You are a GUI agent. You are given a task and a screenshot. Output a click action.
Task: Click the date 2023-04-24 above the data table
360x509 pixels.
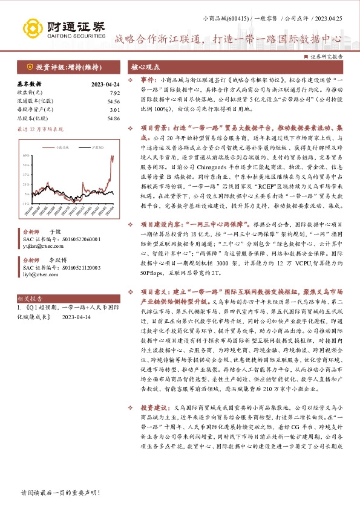[104, 84]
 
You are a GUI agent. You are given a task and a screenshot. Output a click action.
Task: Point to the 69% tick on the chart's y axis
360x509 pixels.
[27, 156]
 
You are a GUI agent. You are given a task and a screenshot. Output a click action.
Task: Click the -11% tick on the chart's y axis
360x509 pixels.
[27, 203]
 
